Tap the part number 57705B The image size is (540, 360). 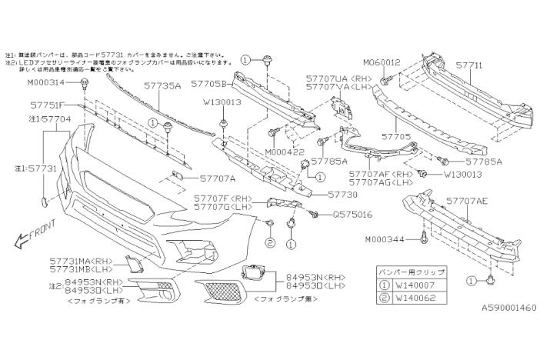coord(208,82)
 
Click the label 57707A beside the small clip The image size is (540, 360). coord(198,178)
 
